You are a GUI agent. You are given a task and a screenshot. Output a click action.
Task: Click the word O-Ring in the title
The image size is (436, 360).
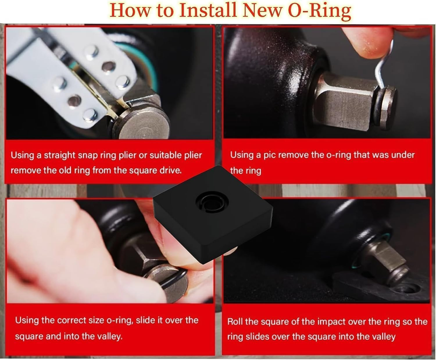tap(319, 10)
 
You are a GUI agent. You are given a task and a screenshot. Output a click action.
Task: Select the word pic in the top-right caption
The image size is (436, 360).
tap(269, 155)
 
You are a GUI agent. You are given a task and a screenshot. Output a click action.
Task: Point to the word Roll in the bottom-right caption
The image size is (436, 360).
tap(235, 322)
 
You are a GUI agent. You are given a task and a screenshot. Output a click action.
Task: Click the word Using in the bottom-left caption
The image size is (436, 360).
tap(26, 320)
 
